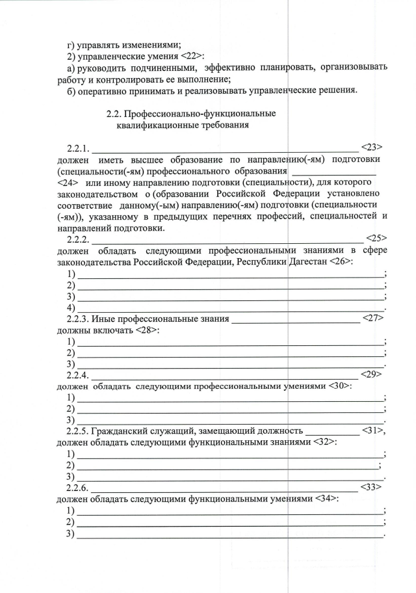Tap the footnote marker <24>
68,183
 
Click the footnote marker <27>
372,319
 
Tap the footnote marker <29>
370,375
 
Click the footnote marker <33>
370,487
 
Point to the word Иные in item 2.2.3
103,319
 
